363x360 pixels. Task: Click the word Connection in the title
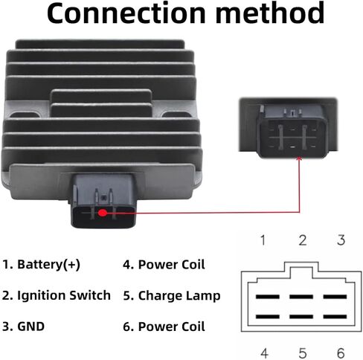point(126,13)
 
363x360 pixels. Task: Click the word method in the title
point(270,13)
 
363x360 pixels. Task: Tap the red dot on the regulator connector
point(103,213)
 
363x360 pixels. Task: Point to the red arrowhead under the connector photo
point(299,158)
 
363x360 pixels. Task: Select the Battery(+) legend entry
point(41,265)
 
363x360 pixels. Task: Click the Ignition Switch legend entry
point(57,295)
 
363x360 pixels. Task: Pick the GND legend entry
point(23,327)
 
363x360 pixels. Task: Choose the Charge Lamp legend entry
point(172,295)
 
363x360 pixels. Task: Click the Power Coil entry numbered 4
point(164,265)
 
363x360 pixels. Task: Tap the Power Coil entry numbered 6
point(164,327)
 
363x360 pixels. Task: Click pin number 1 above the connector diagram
point(263,240)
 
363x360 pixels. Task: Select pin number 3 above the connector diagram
point(341,240)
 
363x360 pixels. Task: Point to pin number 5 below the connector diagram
point(303,353)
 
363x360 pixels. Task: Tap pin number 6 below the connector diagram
point(341,353)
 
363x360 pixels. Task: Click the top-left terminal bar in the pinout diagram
point(268,297)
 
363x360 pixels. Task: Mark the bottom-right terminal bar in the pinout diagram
point(335,316)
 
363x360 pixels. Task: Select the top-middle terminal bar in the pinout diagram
point(301,297)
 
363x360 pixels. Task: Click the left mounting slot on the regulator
point(25,115)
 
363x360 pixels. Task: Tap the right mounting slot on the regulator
point(176,115)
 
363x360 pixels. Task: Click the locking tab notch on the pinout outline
point(301,267)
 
